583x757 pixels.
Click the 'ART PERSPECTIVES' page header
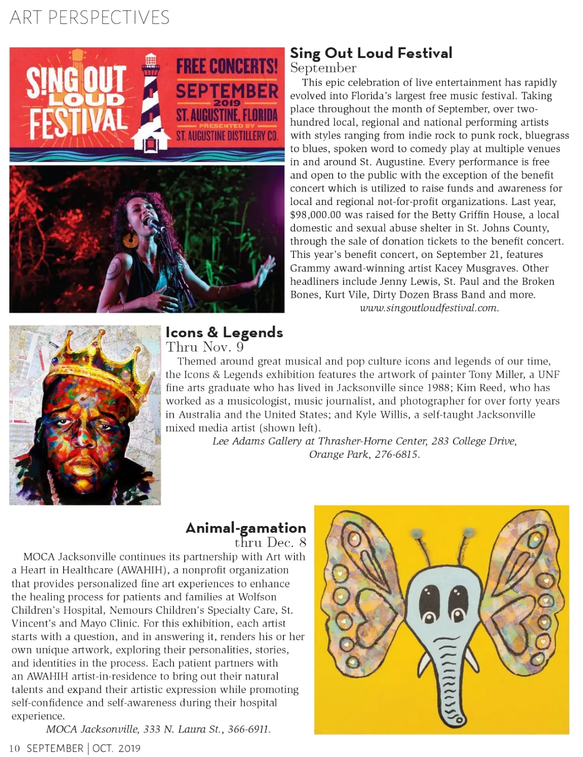point(90,18)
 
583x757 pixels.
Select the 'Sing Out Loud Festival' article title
point(371,53)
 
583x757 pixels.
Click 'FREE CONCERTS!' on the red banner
point(227,66)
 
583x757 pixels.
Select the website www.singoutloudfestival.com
point(429,308)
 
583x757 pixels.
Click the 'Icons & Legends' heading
point(224,332)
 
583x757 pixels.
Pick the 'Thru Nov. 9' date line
point(205,347)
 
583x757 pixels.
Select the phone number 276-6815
point(397,455)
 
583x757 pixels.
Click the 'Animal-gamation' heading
point(246,528)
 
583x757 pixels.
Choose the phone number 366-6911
point(249,729)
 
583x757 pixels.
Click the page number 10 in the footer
point(14,748)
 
